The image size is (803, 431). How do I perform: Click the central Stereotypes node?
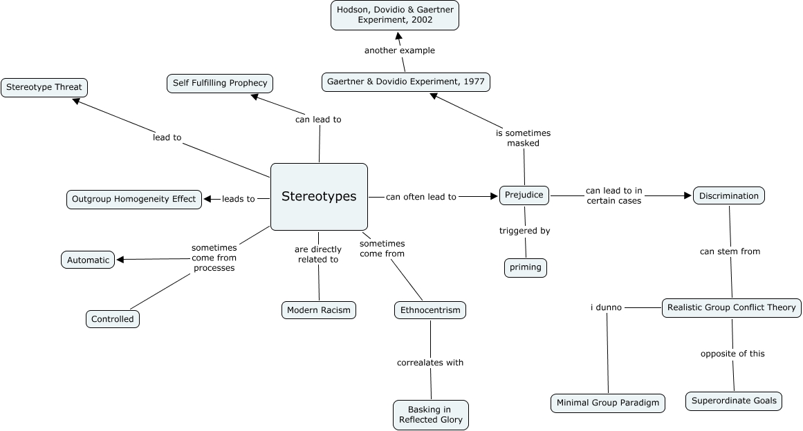(319, 197)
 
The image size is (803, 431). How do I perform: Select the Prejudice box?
(524, 196)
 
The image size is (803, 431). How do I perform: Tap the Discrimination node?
(728, 196)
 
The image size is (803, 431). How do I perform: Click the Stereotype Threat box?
(44, 88)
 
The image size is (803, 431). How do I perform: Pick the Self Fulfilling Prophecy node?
(220, 84)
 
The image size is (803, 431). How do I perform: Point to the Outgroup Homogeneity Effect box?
(134, 200)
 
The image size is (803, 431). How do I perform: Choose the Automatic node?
(88, 260)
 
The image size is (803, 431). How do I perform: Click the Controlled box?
(113, 319)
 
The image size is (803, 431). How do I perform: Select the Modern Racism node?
(319, 310)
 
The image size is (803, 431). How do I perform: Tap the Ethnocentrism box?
(430, 310)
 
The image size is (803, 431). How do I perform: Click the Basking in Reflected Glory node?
(430, 415)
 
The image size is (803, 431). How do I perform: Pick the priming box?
(525, 268)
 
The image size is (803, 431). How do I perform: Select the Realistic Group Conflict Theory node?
(732, 308)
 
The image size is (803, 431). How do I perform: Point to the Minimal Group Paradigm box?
(608, 403)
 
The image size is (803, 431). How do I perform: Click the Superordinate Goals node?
(734, 401)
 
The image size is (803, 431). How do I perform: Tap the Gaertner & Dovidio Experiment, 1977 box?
(406, 82)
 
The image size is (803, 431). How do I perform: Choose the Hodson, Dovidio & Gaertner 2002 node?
(395, 15)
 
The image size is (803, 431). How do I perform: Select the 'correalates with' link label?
(430, 363)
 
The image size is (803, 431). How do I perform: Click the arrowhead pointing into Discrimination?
(687, 196)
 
